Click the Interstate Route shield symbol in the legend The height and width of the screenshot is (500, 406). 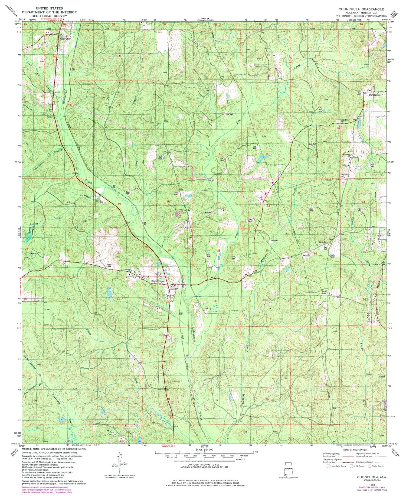tap(329, 466)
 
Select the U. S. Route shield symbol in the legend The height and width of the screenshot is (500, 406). tap(351, 466)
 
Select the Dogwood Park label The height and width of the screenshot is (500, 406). tap(341, 121)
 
